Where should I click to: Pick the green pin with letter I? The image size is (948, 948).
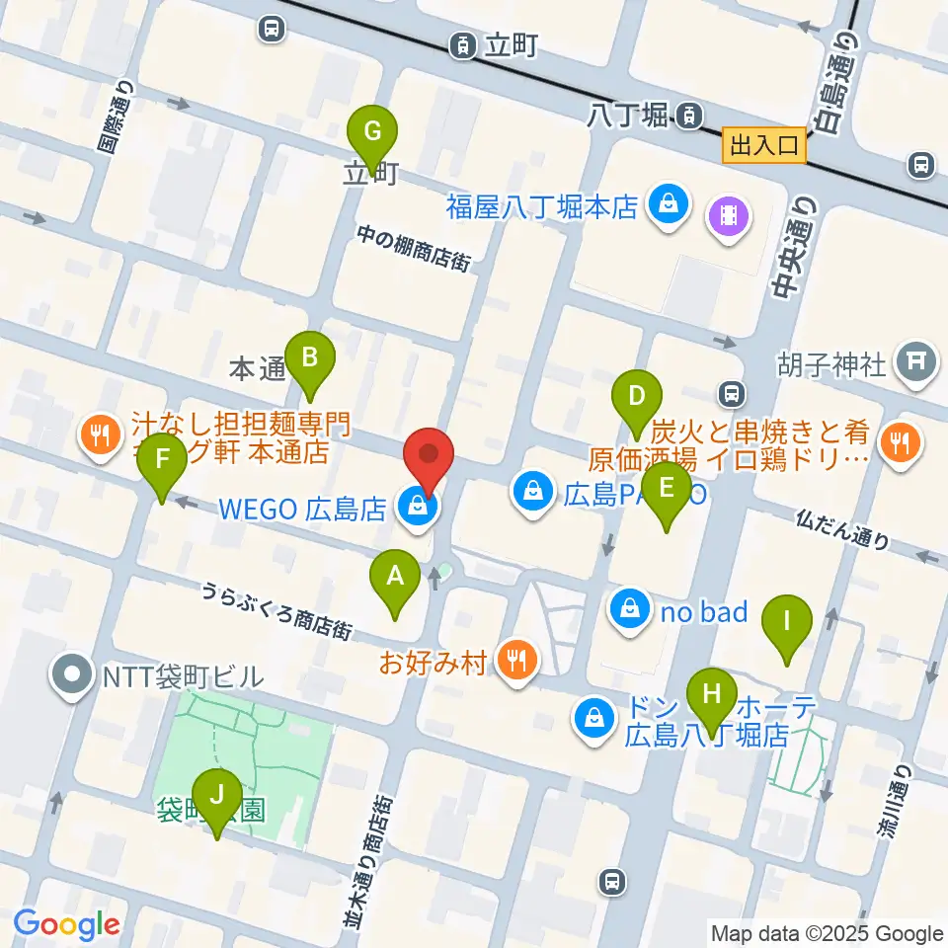[787, 622]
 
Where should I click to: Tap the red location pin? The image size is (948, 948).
[429, 455]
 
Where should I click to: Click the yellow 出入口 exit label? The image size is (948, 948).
[764, 146]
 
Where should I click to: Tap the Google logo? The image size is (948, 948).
[66, 925]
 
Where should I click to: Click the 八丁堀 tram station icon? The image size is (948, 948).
[689, 116]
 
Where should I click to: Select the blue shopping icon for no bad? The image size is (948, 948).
[630, 611]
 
